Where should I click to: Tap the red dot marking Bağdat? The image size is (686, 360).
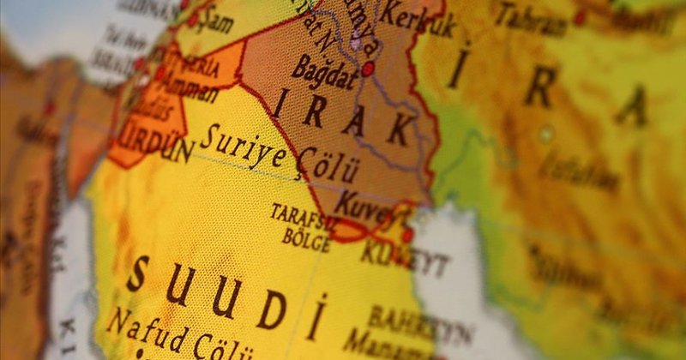point(368,69)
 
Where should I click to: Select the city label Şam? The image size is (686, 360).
point(215,21)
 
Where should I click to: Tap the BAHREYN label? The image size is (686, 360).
point(421,325)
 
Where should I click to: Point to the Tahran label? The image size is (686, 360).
point(533,16)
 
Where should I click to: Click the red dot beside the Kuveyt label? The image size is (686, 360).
point(406,233)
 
